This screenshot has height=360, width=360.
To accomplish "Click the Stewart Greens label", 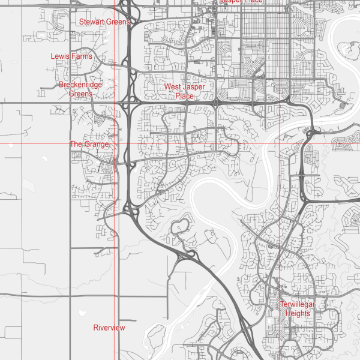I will [x=104, y=22].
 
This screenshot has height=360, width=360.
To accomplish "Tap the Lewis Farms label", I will [x=71, y=56].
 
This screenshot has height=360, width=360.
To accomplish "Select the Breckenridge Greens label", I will [x=80, y=89].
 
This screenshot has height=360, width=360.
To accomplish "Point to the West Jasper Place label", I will [x=184, y=91].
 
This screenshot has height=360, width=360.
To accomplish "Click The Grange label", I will [x=89, y=145].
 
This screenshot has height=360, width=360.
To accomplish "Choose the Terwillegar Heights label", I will [x=298, y=309].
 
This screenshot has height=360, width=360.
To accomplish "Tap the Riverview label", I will [x=109, y=328].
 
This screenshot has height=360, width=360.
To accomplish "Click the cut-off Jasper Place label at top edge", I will [x=241, y=2].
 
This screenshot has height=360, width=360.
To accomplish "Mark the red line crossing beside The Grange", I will [x=114, y=144].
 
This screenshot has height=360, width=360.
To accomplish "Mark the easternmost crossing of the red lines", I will [x=280, y=144].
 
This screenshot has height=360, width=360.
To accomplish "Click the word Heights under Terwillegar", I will [x=298, y=314].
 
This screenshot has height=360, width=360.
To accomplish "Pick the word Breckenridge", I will [x=80, y=85].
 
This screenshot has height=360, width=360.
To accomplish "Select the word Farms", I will [x=82, y=56].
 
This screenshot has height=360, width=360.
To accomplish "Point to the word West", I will [x=173, y=87].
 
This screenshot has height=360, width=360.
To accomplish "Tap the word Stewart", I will [x=92, y=22].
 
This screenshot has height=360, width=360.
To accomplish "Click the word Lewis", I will [x=61, y=56].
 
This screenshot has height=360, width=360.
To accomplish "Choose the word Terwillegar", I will [x=298, y=305].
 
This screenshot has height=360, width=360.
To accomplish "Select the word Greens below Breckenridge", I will [x=80, y=94].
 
